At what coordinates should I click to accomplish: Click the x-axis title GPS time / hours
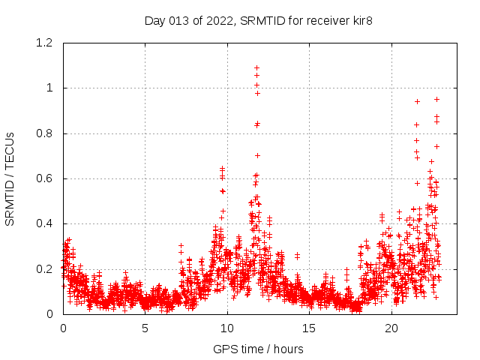point(258,349)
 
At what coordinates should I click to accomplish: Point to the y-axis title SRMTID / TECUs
point(10,178)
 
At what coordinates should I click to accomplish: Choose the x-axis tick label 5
point(145,328)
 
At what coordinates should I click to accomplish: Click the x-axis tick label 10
point(227,328)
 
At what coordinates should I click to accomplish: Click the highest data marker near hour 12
point(257,67)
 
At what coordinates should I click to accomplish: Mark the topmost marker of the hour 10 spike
point(222,169)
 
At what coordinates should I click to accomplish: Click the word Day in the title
point(154,21)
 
